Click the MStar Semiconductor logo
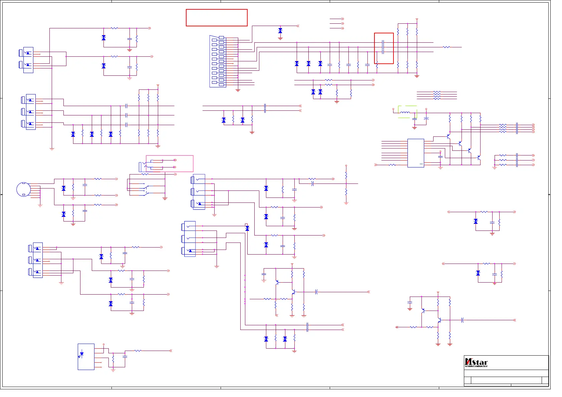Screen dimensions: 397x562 pyautogui.click(x=476, y=362)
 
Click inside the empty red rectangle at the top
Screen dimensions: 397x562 pyautogui.click(x=217, y=18)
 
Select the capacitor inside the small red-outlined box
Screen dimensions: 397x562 pyautogui.click(x=383, y=47)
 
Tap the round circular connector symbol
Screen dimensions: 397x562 pyautogui.click(x=23, y=189)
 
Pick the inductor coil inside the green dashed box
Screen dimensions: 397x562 pyautogui.click(x=405, y=113)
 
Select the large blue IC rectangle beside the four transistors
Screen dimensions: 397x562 pyautogui.click(x=415, y=153)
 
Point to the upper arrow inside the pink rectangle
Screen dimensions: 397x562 pyautogui.click(x=175, y=160)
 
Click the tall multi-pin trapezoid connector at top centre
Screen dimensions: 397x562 pyautogui.click(x=214, y=61)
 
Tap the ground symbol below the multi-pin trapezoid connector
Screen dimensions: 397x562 pyautogui.click(x=238, y=90)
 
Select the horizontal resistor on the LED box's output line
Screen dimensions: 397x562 pyautogui.click(x=138, y=351)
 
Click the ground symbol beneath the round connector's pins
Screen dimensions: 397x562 pyautogui.click(x=40, y=205)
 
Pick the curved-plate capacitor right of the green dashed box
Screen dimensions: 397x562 pyautogui.click(x=426, y=118)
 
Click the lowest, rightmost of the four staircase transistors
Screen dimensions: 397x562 pyautogui.click(x=479, y=157)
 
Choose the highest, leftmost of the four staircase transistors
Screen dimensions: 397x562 pyautogui.click(x=449, y=136)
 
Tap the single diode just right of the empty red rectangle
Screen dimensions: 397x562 pyautogui.click(x=280, y=31)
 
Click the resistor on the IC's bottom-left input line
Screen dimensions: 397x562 pyautogui.click(x=392, y=165)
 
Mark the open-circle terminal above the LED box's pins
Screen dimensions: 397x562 pyautogui.click(x=103, y=344)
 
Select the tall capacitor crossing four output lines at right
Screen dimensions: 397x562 pyautogui.click(x=517, y=128)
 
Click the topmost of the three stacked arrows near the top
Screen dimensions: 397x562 pyautogui.click(x=342, y=19)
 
